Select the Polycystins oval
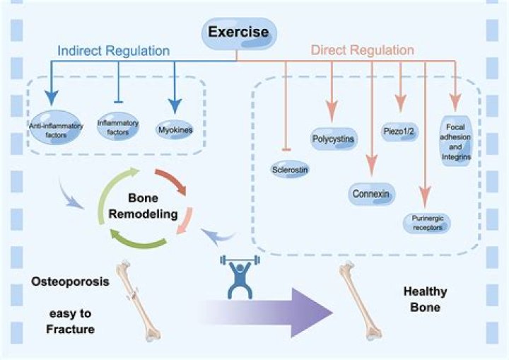click(334, 138)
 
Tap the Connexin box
click(372, 193)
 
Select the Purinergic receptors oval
click(426, 223)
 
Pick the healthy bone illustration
click(361, 301)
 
